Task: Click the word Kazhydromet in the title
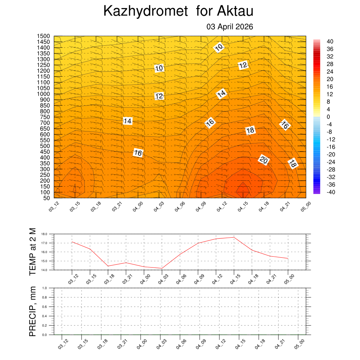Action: tap(146, 12)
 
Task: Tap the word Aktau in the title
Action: tap(235, 12)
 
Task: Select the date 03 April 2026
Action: tap(230, 27)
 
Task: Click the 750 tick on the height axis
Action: tap(45, 117)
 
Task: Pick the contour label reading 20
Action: tap(264, 160)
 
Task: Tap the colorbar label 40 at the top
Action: tap(330, 41)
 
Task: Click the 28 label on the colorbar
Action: tap(330, 64)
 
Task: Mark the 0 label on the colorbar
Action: tap(328, 117)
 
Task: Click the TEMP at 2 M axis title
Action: tap(33, 251)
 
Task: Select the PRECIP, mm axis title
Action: tap(33, 311)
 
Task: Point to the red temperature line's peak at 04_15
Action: tap(234, 237)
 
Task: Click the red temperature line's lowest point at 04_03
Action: tap(162, 268)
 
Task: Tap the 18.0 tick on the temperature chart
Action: tap(44, 234)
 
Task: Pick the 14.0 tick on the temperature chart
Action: tap(44, 270)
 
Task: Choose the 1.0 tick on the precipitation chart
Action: tap(45, 288)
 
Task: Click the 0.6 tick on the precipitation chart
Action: tap(45, 307)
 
